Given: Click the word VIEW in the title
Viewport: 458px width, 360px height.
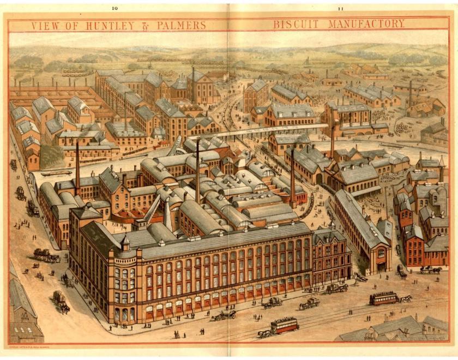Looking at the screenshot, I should coord(44,25).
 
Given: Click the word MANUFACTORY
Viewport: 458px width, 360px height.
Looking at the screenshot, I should coord(366,25).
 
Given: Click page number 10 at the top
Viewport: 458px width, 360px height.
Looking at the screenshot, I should coord(114,8).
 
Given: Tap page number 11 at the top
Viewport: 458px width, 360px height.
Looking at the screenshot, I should coord(341,8).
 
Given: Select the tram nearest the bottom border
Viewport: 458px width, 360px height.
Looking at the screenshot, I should coord(284,326).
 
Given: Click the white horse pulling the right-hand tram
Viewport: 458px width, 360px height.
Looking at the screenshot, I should coord(406,298).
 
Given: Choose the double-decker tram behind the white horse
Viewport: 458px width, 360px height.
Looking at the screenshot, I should coord(384,298).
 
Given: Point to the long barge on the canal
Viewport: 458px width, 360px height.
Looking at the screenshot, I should coord(57,173).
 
